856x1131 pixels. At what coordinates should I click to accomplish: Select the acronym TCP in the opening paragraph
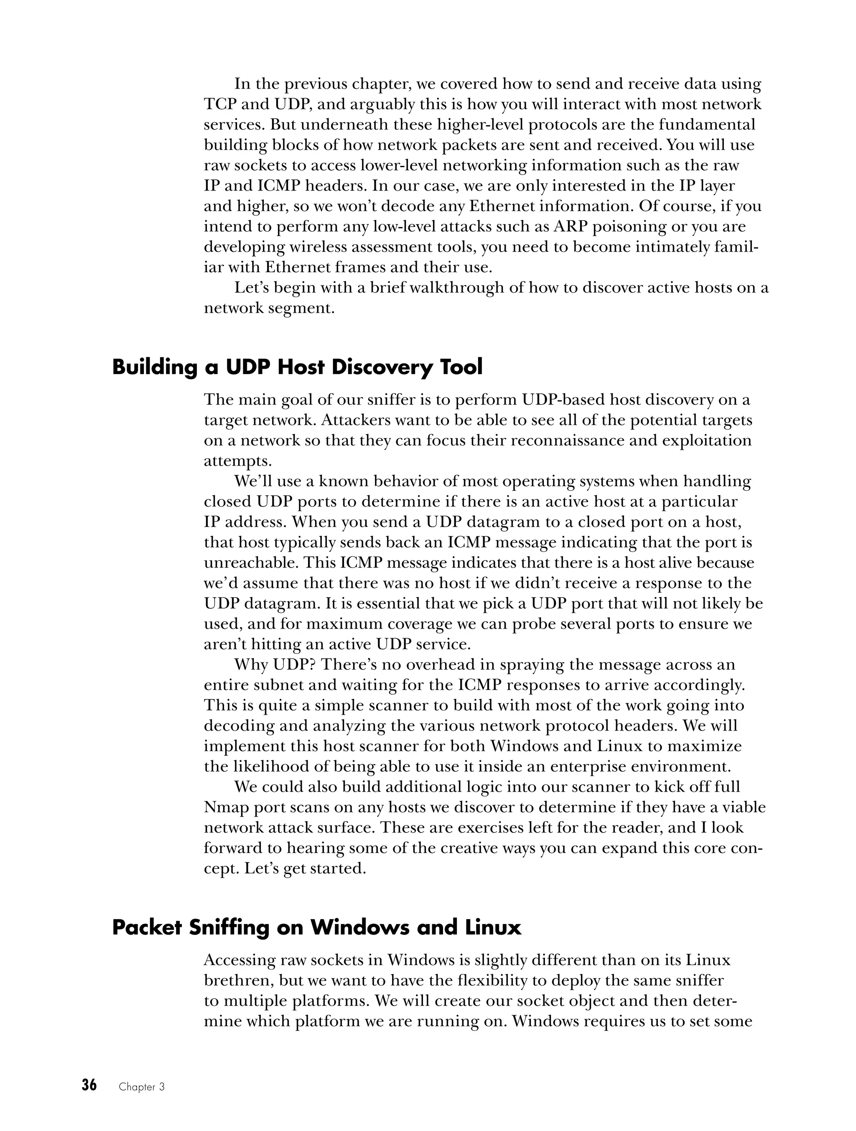(220, 104)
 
